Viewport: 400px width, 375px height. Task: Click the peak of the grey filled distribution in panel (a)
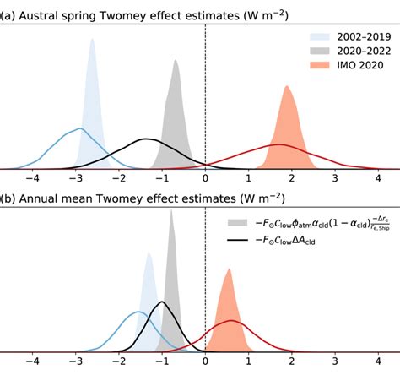[176, 60]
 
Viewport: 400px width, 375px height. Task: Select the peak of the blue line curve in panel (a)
[79, 128]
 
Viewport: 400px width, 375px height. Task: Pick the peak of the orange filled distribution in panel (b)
[227, 269]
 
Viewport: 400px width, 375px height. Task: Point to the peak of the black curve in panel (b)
[163, 302]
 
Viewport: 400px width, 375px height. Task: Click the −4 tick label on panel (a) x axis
[32, 179]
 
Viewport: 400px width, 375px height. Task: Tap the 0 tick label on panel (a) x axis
[205, 179]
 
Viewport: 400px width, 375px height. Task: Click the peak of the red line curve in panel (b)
[233, 321]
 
